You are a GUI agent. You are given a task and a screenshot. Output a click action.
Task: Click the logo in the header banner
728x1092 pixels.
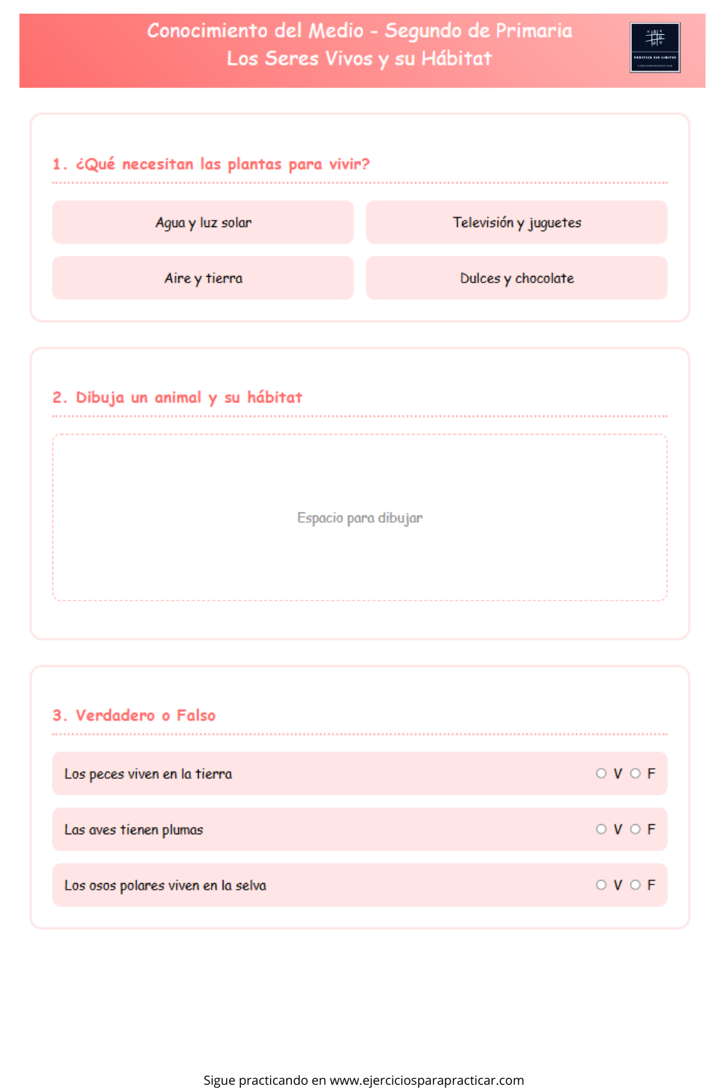click(x=655, y=47)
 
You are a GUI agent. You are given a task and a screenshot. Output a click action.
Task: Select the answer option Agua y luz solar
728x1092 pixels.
click(x=203, y=223)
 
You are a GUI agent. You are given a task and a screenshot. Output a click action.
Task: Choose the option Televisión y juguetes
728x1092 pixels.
click(x=517, y=223)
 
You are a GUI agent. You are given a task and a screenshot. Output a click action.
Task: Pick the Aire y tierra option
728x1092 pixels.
click(x=203, y=278)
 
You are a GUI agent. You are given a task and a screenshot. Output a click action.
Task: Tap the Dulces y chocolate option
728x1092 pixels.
click(x=517, y=278)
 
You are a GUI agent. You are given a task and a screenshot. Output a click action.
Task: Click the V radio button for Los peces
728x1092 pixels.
click(x=601, y=773)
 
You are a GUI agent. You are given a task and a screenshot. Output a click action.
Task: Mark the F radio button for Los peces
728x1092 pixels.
click(x=636, y=773)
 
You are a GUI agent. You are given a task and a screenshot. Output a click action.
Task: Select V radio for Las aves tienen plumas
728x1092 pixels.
click(x=601, y=829)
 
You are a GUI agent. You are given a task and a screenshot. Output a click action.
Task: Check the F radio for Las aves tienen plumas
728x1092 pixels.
click(x=636, y=829)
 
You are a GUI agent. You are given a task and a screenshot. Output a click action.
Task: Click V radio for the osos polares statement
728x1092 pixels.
click(x=601, y=885)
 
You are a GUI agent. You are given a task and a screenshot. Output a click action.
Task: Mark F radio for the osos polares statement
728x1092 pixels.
click(x=636, y=885)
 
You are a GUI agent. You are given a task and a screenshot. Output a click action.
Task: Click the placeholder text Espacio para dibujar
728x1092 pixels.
click(x=360, y=518)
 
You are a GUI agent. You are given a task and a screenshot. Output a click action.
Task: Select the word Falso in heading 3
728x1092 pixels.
click(x=196, y=716)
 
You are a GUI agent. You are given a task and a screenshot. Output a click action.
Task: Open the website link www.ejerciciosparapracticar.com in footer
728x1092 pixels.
click(x=427, y=1080)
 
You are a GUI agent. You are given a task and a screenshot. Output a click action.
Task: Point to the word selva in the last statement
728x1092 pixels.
click(x=250, y=886)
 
